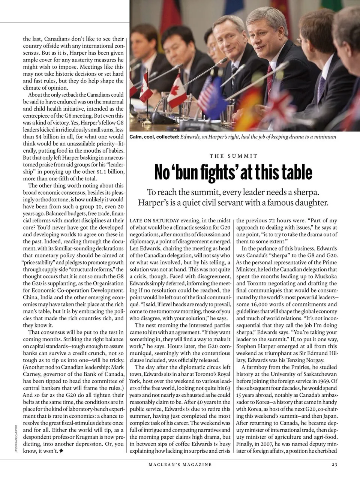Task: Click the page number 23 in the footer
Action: tap(334, 465)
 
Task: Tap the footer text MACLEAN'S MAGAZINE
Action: tap(180, 465)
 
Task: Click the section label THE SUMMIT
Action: tap(233, 156)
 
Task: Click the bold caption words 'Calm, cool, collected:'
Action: tap(154, 137)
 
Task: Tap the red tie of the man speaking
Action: tap(269, 72)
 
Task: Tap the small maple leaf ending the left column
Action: tap(61, 451)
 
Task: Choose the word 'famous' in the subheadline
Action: tap(274, 203)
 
